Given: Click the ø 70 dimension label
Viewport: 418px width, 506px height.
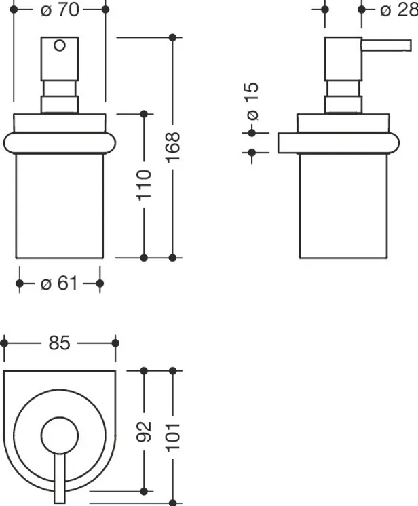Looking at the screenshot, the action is point(60,10).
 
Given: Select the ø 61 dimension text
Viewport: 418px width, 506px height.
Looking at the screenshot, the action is point(59,284).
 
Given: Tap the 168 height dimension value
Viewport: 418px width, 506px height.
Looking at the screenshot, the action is point(173,147).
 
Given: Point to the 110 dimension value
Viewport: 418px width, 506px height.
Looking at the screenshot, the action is point(145,185).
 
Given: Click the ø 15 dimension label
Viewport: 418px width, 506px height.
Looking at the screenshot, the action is point(253,101).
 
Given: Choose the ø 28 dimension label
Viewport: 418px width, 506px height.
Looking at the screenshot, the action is point(399,10).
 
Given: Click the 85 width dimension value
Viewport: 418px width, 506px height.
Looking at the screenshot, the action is point(60,343).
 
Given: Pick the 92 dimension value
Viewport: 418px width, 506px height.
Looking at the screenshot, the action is point(145,431).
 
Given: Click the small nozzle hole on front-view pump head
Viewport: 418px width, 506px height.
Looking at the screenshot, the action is point(60,45).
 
